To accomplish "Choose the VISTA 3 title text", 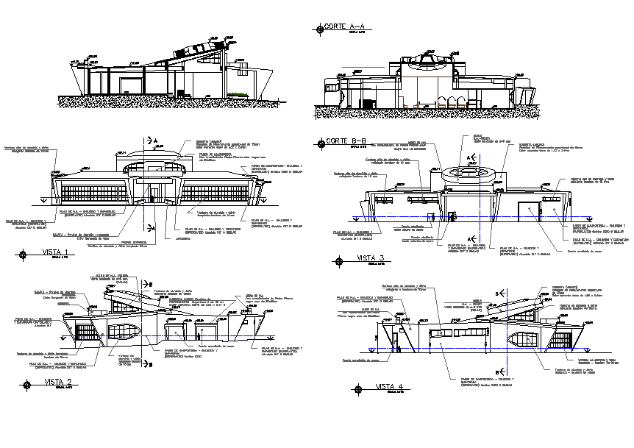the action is point(371,257).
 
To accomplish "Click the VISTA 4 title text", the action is point(389,387).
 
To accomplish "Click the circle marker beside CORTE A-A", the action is point(319,29).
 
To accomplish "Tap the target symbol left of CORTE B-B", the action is point(319,142).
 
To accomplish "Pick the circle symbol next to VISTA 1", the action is point(26,255).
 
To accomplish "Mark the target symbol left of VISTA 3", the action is point(339,260).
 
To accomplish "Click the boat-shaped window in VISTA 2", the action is point(126,332).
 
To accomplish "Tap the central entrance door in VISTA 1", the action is point(154,193).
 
